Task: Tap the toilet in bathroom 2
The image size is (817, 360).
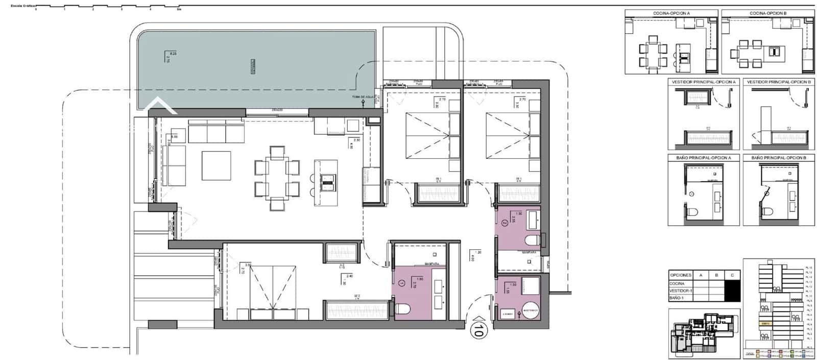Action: [533, 239]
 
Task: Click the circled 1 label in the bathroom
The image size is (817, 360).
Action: [401, 282]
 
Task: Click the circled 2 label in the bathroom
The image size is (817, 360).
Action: [504, 223]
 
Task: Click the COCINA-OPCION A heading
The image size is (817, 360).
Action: [671, 13]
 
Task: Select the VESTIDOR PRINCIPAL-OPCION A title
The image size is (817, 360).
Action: [704, 82]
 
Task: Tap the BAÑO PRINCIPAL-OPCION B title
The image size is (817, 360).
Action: [779, 158]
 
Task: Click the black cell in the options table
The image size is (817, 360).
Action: [732, 291]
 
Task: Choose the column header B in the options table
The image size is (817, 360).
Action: [716, 275]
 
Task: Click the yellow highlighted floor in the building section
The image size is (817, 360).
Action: [765, 323]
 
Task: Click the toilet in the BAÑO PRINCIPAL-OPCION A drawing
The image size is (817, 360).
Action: [691, 211]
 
